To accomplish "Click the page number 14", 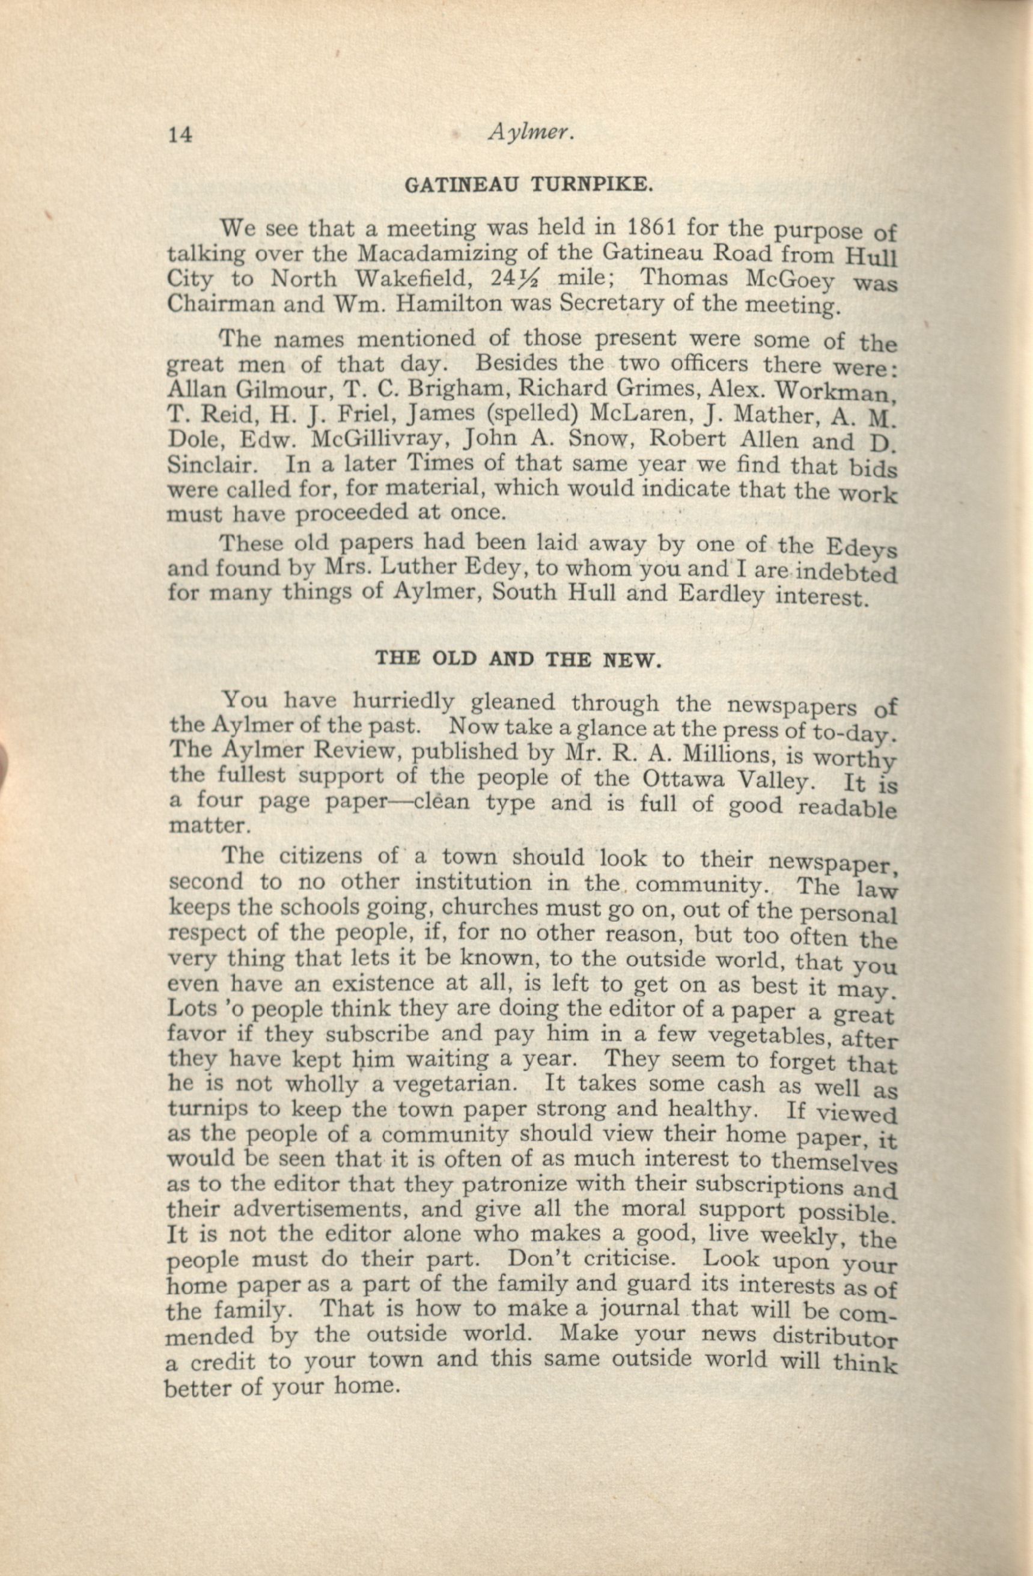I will coord(180,135).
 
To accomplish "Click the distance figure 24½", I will coord(514,280).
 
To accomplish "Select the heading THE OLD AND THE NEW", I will coord(519,660).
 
